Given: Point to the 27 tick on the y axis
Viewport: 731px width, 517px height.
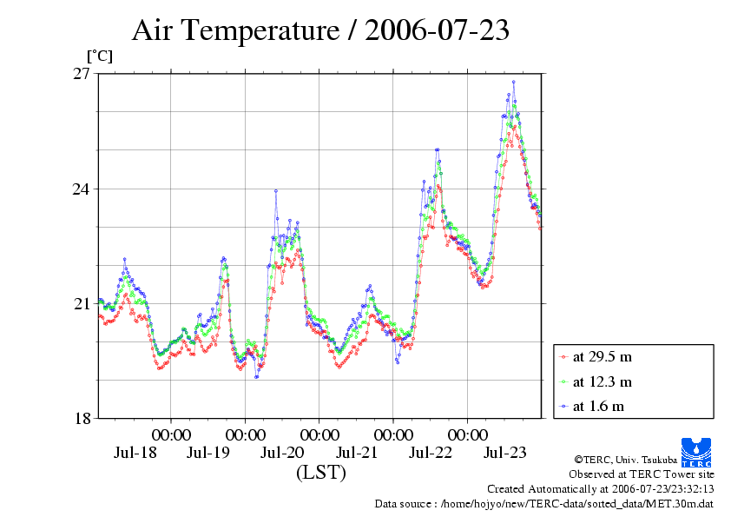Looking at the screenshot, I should [82, 74].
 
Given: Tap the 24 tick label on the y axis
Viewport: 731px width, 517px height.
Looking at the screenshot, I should [82, 189].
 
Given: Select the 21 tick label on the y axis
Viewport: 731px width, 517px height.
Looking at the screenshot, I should [82, 303].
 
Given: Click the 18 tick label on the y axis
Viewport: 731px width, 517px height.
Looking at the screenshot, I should [82, 418].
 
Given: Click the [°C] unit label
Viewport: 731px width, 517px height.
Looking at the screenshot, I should [98, 56].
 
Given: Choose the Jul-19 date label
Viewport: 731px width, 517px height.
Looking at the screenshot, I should [208, 453].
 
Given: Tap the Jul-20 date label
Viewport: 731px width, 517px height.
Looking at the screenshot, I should [282, 453].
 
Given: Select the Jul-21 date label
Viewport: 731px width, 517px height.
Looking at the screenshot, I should [357, 453].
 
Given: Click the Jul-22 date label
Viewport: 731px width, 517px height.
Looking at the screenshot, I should [431, 453].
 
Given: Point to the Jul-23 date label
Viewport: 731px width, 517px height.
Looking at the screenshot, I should [504, 453].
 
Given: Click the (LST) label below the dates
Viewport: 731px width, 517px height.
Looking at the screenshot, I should [320, 473].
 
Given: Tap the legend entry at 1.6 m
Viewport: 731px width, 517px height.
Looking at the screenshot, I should [598, 406].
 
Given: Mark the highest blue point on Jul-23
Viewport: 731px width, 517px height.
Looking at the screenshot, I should [514, 82].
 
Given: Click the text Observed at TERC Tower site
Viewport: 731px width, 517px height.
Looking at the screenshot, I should [641, 474].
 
